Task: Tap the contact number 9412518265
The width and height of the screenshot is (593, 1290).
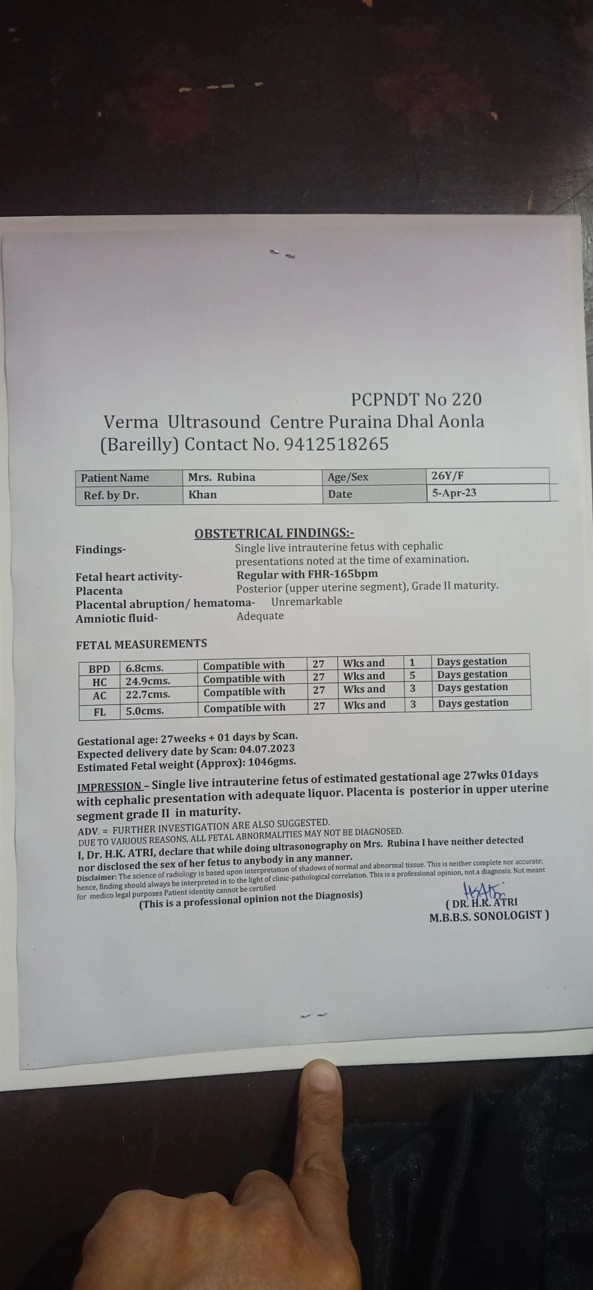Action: click(x=336, y=444)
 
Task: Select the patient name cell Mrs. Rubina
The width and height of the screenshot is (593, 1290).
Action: click(x=222, y=477)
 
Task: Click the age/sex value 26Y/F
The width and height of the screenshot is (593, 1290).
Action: click(x=447, y=476)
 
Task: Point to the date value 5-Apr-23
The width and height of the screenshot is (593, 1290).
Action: click(x=454, y=493)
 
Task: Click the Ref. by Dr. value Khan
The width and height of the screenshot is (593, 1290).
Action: click(x=203, y=495)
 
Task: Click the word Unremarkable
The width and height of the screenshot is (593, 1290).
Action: click(x=306, y=601)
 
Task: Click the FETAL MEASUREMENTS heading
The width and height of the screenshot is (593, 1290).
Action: click(x=141, y=644)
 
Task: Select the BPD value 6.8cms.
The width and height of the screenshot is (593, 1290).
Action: click(x=144, y=668)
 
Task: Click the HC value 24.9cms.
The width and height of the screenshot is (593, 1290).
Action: click(x=148, y=681)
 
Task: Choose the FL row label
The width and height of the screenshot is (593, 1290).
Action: click(x=100, y=711)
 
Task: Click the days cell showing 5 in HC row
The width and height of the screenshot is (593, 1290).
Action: click(x=412, y=675)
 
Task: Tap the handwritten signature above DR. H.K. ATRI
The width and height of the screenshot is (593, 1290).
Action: click(x=483, y=891)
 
